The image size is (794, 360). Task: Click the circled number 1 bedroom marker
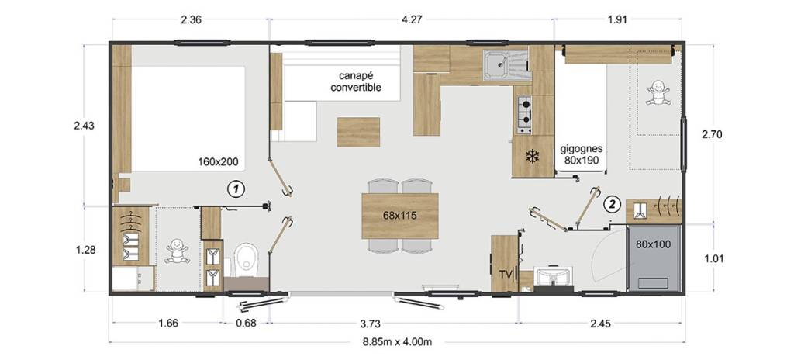236,189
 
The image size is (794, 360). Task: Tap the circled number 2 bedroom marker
613,205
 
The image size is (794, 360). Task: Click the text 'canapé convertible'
356,82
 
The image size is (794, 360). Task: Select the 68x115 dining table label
399,216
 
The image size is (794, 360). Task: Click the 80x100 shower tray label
653,244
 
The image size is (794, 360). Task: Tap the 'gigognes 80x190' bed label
582,155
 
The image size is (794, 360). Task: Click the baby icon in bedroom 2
658,93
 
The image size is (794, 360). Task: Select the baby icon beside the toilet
178,251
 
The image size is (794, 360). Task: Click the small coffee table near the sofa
358,132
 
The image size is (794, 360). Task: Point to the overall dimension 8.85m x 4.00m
396,341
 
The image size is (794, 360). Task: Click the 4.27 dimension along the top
413,19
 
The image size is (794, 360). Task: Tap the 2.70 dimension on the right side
712,135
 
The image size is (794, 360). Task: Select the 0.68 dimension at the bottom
247,323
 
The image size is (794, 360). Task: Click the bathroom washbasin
554,278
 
